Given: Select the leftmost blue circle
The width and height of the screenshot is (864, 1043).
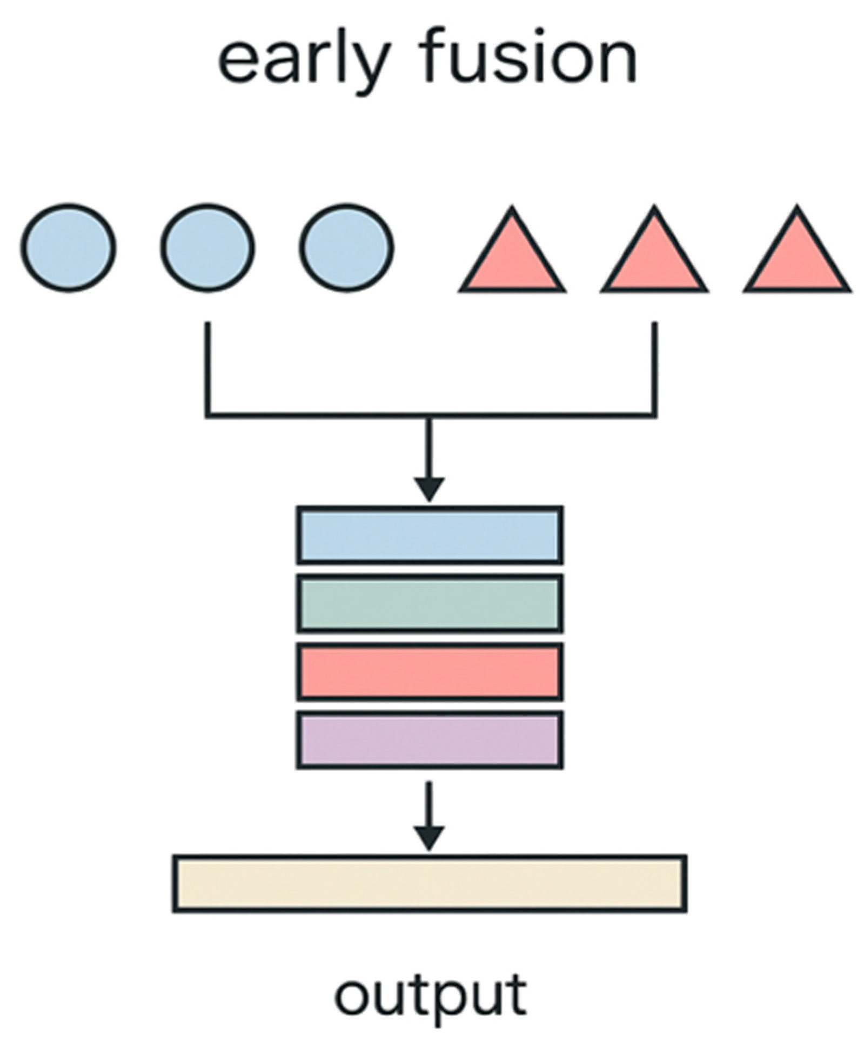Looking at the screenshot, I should (69, 248).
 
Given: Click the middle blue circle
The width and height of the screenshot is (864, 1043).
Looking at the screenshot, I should (208, 248).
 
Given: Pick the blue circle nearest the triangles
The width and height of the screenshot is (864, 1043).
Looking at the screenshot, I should (347, 248).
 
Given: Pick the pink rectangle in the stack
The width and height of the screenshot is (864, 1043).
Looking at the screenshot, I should (430, 672).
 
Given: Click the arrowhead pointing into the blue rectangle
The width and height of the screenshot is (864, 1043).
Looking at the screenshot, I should (429, 488).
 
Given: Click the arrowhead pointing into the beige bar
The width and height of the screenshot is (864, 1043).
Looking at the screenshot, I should (429, 837).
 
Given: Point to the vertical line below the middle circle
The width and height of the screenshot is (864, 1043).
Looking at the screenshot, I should (208, 367).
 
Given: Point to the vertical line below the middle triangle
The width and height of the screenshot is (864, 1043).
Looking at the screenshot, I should (654, 367).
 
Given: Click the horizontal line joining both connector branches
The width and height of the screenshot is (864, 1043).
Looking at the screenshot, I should (324, 415).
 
